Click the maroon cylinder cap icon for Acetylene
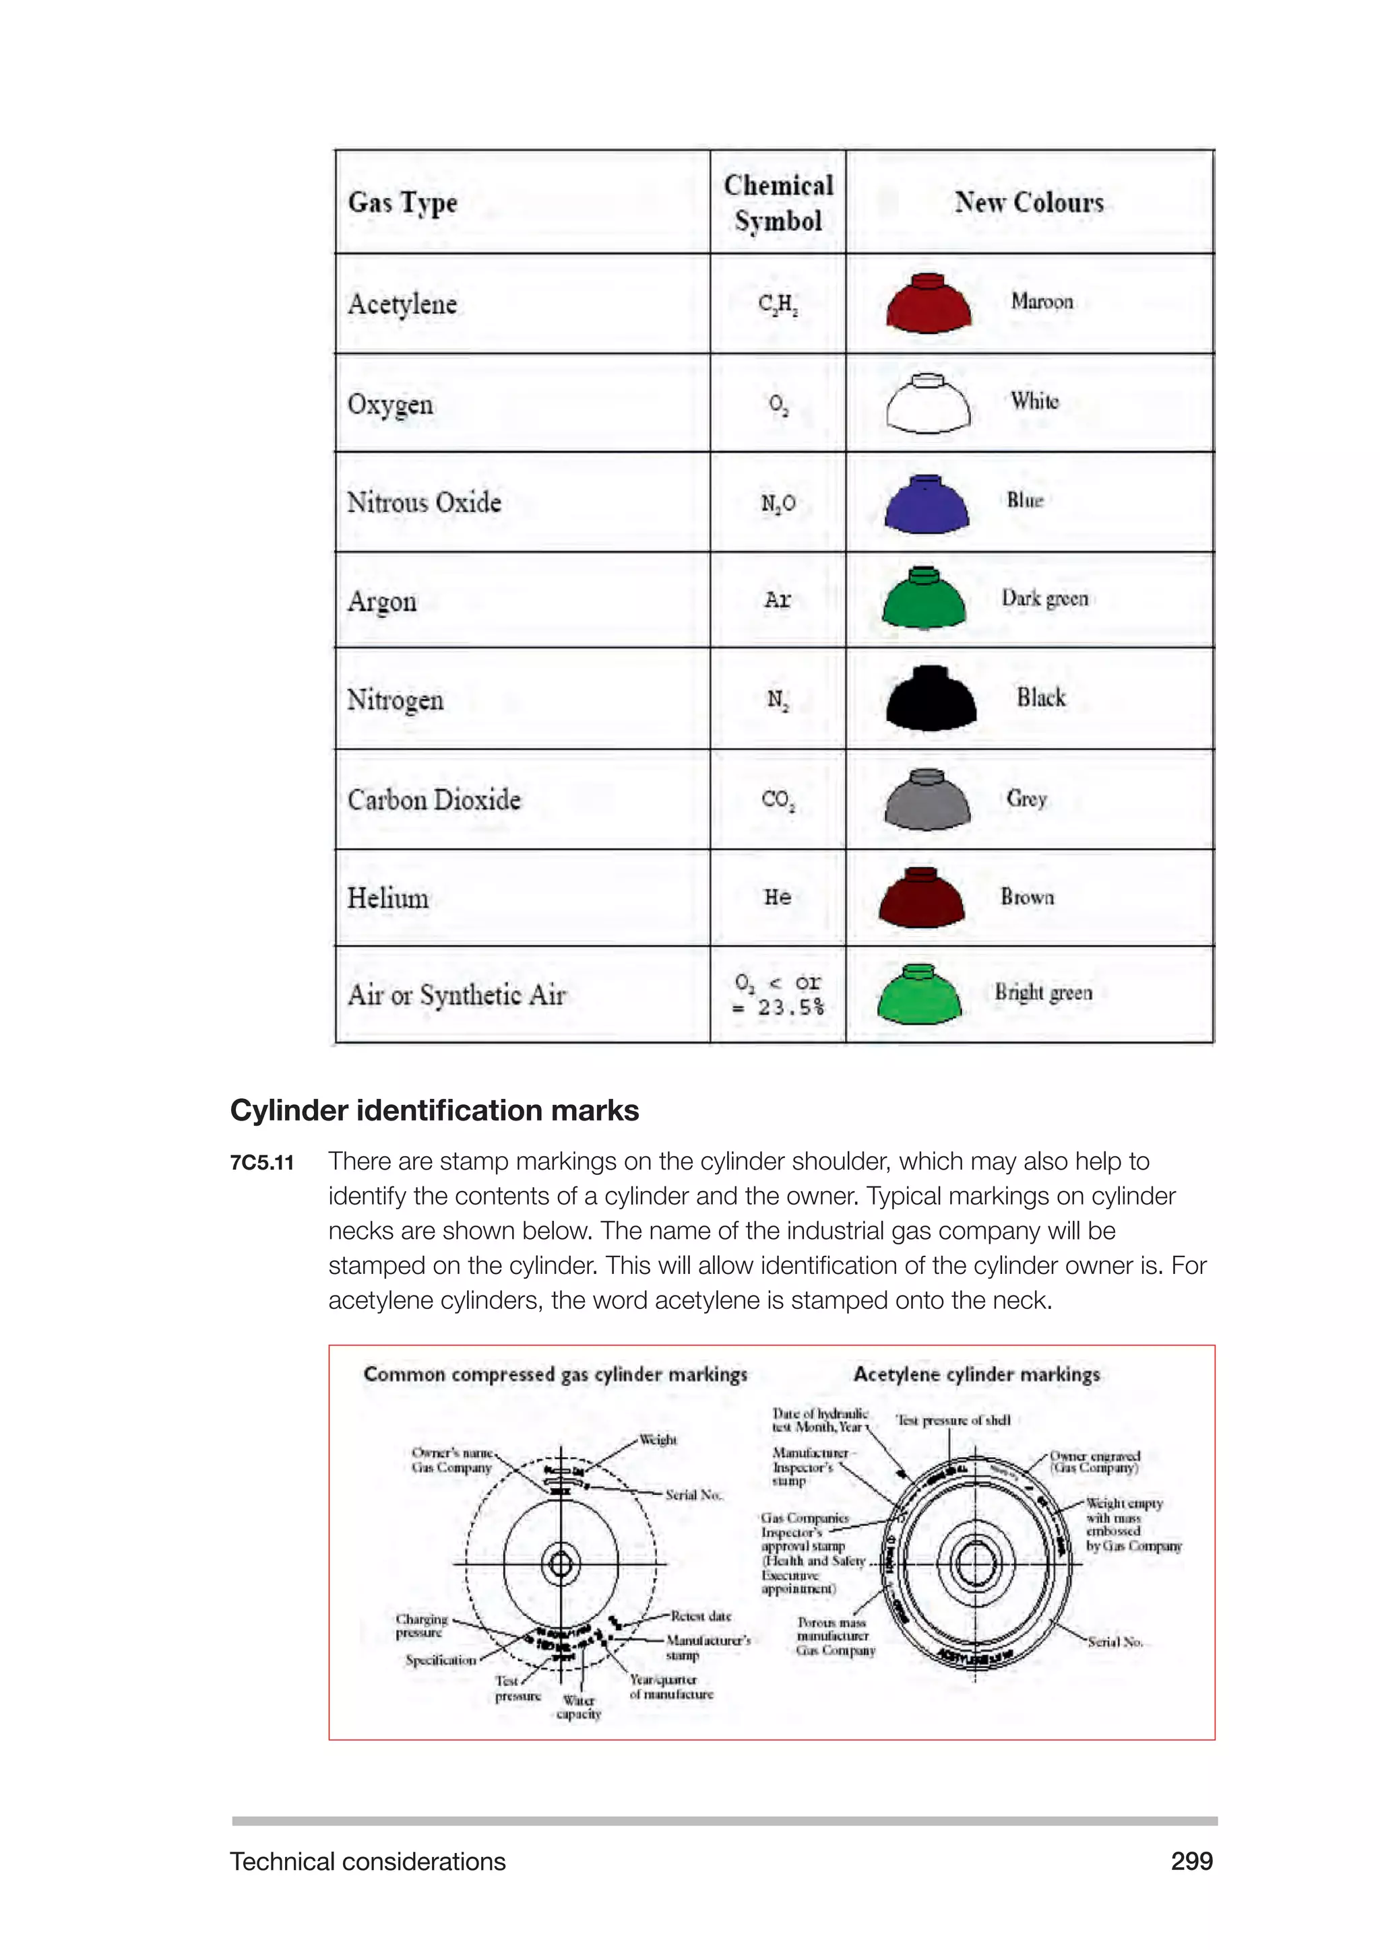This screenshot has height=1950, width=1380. point(928,304)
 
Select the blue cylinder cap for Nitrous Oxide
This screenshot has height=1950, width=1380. point(927,504)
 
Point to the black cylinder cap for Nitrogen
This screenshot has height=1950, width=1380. point(931,699)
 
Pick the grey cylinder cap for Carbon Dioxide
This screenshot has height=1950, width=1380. point(927,799)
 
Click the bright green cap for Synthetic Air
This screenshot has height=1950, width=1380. point(919,995)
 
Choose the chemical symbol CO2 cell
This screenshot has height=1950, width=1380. point(778,800)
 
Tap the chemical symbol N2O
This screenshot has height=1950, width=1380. point(778,504)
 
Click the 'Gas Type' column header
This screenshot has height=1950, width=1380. point(403,203)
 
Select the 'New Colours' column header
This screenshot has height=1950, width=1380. point(1029,202)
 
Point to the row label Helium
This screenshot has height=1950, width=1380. point(388,898)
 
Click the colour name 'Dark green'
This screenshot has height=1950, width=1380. point(1044,599)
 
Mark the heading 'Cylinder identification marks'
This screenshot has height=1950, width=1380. point(434,1110)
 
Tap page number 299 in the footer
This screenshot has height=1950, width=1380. point(1191,1861)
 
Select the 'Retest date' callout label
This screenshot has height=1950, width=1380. point(700,1615)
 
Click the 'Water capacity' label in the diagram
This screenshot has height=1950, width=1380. point(579,1707)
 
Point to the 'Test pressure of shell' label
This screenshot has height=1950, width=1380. point(953,1420)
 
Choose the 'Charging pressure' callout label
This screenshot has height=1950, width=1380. point(420,1625)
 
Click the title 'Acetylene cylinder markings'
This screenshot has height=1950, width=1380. point(976,1374)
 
